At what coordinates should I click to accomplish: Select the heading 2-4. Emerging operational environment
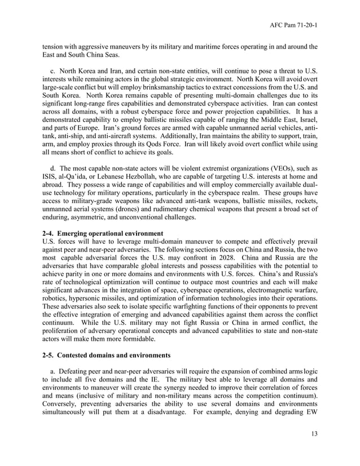(103, 233)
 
